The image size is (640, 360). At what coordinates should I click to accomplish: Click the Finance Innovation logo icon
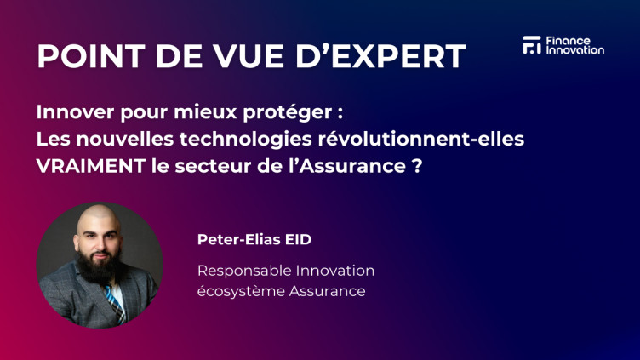[531, 45]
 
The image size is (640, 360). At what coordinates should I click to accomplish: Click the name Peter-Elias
[235, 239]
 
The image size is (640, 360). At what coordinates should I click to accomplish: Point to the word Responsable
[244, 271]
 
